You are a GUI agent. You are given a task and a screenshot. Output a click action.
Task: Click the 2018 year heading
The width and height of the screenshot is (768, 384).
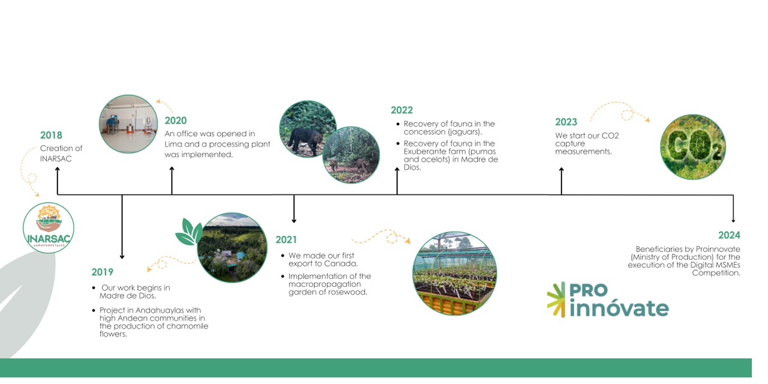[51, 135]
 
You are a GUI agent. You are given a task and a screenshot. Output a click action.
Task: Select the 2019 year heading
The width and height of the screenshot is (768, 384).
[102, 272]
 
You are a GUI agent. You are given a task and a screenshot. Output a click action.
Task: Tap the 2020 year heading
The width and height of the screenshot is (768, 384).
[176, 121]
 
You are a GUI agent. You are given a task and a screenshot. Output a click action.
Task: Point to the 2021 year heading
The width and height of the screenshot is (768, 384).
[286, 239]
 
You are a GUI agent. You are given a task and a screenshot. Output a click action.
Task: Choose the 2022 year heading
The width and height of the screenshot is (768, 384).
[402, 110]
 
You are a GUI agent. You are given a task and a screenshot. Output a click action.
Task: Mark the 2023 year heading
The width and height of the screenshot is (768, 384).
[566, 122]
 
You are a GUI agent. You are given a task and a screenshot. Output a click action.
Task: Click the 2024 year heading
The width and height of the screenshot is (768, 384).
[729, 235]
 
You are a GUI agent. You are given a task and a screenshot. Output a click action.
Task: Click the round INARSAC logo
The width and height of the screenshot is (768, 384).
[49, 228]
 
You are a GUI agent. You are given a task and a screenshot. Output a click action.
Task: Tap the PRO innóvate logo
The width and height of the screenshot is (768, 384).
[608, 300]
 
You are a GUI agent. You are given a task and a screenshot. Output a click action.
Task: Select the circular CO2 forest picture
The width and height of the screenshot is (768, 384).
[693, 147]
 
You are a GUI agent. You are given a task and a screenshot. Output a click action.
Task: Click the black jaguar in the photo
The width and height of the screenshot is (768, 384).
[305, 140]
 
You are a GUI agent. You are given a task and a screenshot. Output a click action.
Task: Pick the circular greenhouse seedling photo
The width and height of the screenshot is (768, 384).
[455, 274]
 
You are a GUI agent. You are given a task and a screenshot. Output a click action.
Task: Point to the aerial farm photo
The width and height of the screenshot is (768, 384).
[232, 248]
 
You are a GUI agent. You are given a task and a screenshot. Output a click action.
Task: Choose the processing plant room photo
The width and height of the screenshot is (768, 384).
[128, 124]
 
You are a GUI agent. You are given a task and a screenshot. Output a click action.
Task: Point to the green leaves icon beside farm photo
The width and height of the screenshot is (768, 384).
[189, 232]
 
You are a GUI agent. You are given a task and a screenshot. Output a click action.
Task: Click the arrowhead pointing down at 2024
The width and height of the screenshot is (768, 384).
[733, 220]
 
